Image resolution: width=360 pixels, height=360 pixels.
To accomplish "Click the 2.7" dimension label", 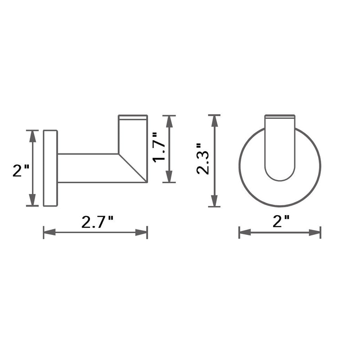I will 97,222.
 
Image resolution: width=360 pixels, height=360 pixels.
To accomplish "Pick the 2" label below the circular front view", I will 281,222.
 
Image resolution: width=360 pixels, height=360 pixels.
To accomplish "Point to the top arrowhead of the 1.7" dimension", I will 169,121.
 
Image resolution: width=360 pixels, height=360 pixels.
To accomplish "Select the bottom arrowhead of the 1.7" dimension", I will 169,177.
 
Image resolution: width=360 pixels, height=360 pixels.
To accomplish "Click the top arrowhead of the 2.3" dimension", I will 215,121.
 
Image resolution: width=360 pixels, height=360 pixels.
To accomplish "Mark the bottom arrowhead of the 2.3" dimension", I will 215,202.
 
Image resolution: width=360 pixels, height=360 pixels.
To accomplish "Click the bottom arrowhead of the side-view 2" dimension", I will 33,201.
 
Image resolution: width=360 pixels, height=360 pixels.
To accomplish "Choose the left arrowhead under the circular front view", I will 244,233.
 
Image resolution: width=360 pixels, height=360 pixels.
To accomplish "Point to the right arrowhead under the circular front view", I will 315,233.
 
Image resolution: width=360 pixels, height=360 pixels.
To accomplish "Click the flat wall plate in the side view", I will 50,168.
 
